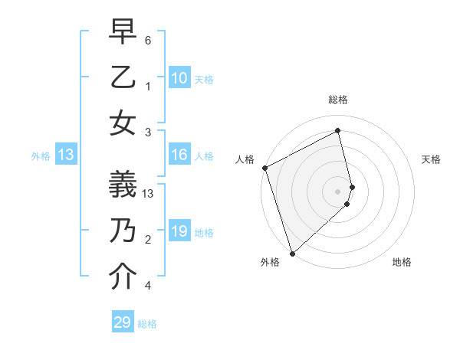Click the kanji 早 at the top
[123, 31]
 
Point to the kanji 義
[123, 185]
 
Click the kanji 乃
[123, 231]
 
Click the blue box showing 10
[179, 78]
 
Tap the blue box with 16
[179, 155]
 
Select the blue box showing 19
[179, 231]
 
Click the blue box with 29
[123, 322]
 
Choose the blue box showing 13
[66, 155]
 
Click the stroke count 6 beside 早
[149, 40]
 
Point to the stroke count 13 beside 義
[149, 193]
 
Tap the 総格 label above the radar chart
[338, 100]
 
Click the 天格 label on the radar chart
[431, 159]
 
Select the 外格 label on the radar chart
[269, 262]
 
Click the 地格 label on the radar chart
[402, 262]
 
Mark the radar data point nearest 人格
[264, 168]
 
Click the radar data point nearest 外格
[292, 252]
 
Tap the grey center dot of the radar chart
[338, 191]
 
